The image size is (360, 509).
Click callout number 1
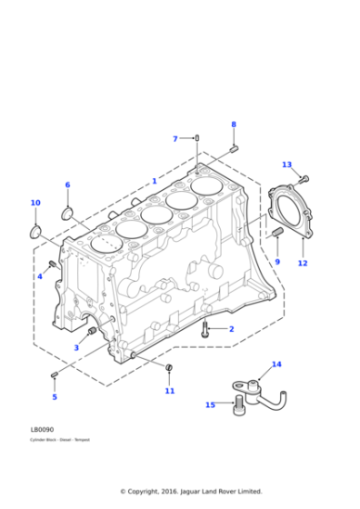click(x=155, y=181)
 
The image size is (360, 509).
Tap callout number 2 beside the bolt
click(x=231, y=329)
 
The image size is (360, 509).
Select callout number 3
click(x=76, y=348)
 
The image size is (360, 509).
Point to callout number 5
click(x=54, y=396)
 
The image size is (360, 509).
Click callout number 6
click(x=67, y=185)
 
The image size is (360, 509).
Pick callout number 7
click(x=175, y=139)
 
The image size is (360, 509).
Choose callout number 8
click(x=233, y=125)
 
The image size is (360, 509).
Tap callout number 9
click(x=277, y=262)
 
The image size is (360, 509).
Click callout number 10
click(x=35, y=203)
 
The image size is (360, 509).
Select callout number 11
click(x=169, y=391)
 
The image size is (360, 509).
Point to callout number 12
click(x=303, y=264)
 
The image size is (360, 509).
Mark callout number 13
click(x=286, y=165)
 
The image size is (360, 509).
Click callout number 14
click(x=276, y=364)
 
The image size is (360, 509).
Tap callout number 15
click(x=210, y=404)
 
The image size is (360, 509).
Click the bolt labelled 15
click(x=240, y=404)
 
